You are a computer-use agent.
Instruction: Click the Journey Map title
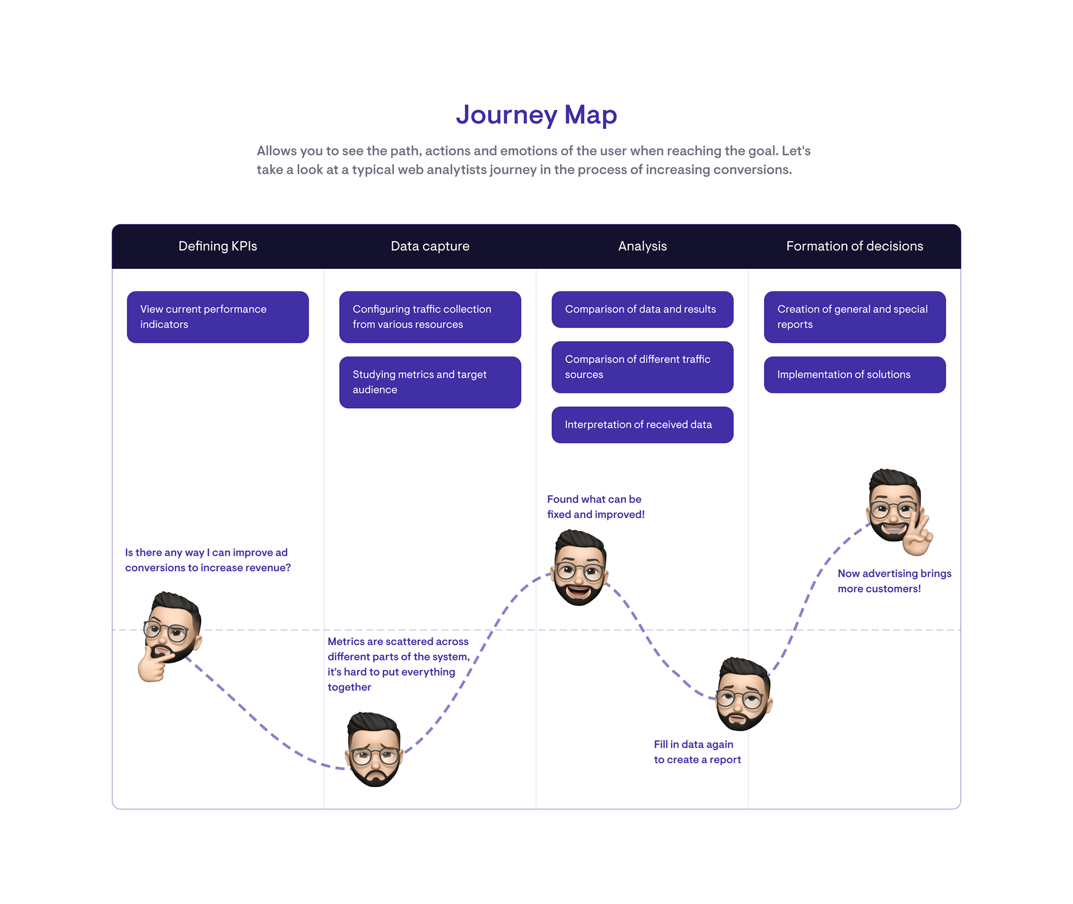pyautogui.click(x=536, y=115)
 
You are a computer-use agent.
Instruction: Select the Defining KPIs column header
pyautogui.click(x=217, y=246)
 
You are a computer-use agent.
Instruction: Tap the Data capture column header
pyautogui.click(x=430, y=246)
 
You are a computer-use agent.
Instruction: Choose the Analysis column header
pyautogui.click(x=642, y=246)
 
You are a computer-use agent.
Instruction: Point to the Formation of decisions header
pyautogui.click(x=854, y=246)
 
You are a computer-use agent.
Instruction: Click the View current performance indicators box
pyautogui.click(x=217, y=317)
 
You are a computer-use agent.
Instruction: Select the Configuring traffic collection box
pyautogui.click(x=430, y=317)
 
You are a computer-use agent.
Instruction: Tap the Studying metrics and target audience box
pyautogui.click(x=430, y=382)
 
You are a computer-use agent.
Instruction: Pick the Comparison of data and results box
pyautogui.click(x=642, y=309)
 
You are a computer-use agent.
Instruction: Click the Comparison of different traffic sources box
pyautogui.click(x=642, y=367)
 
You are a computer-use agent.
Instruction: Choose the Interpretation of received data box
pyautogui.click(x=642, y=425)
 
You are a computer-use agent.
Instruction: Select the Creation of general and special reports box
pyautogui.click(x=854, y=317)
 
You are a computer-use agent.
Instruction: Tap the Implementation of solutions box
pyautogui.click(x=854, y=375)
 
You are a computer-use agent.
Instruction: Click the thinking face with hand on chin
pyautogui.click(x=170, y=636)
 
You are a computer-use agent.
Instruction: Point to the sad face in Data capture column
pyautogui.click(x=374, y=749)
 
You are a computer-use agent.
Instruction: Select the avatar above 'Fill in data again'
pyautogui.click(x=743, y=694)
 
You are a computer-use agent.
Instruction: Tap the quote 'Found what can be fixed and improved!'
pyautogui.click(x=596, y=507)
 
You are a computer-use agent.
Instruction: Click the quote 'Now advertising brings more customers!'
pyautogui.click(x=894, y=581)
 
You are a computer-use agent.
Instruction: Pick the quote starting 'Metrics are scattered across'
pyautogui.click(x=398, y=664)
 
